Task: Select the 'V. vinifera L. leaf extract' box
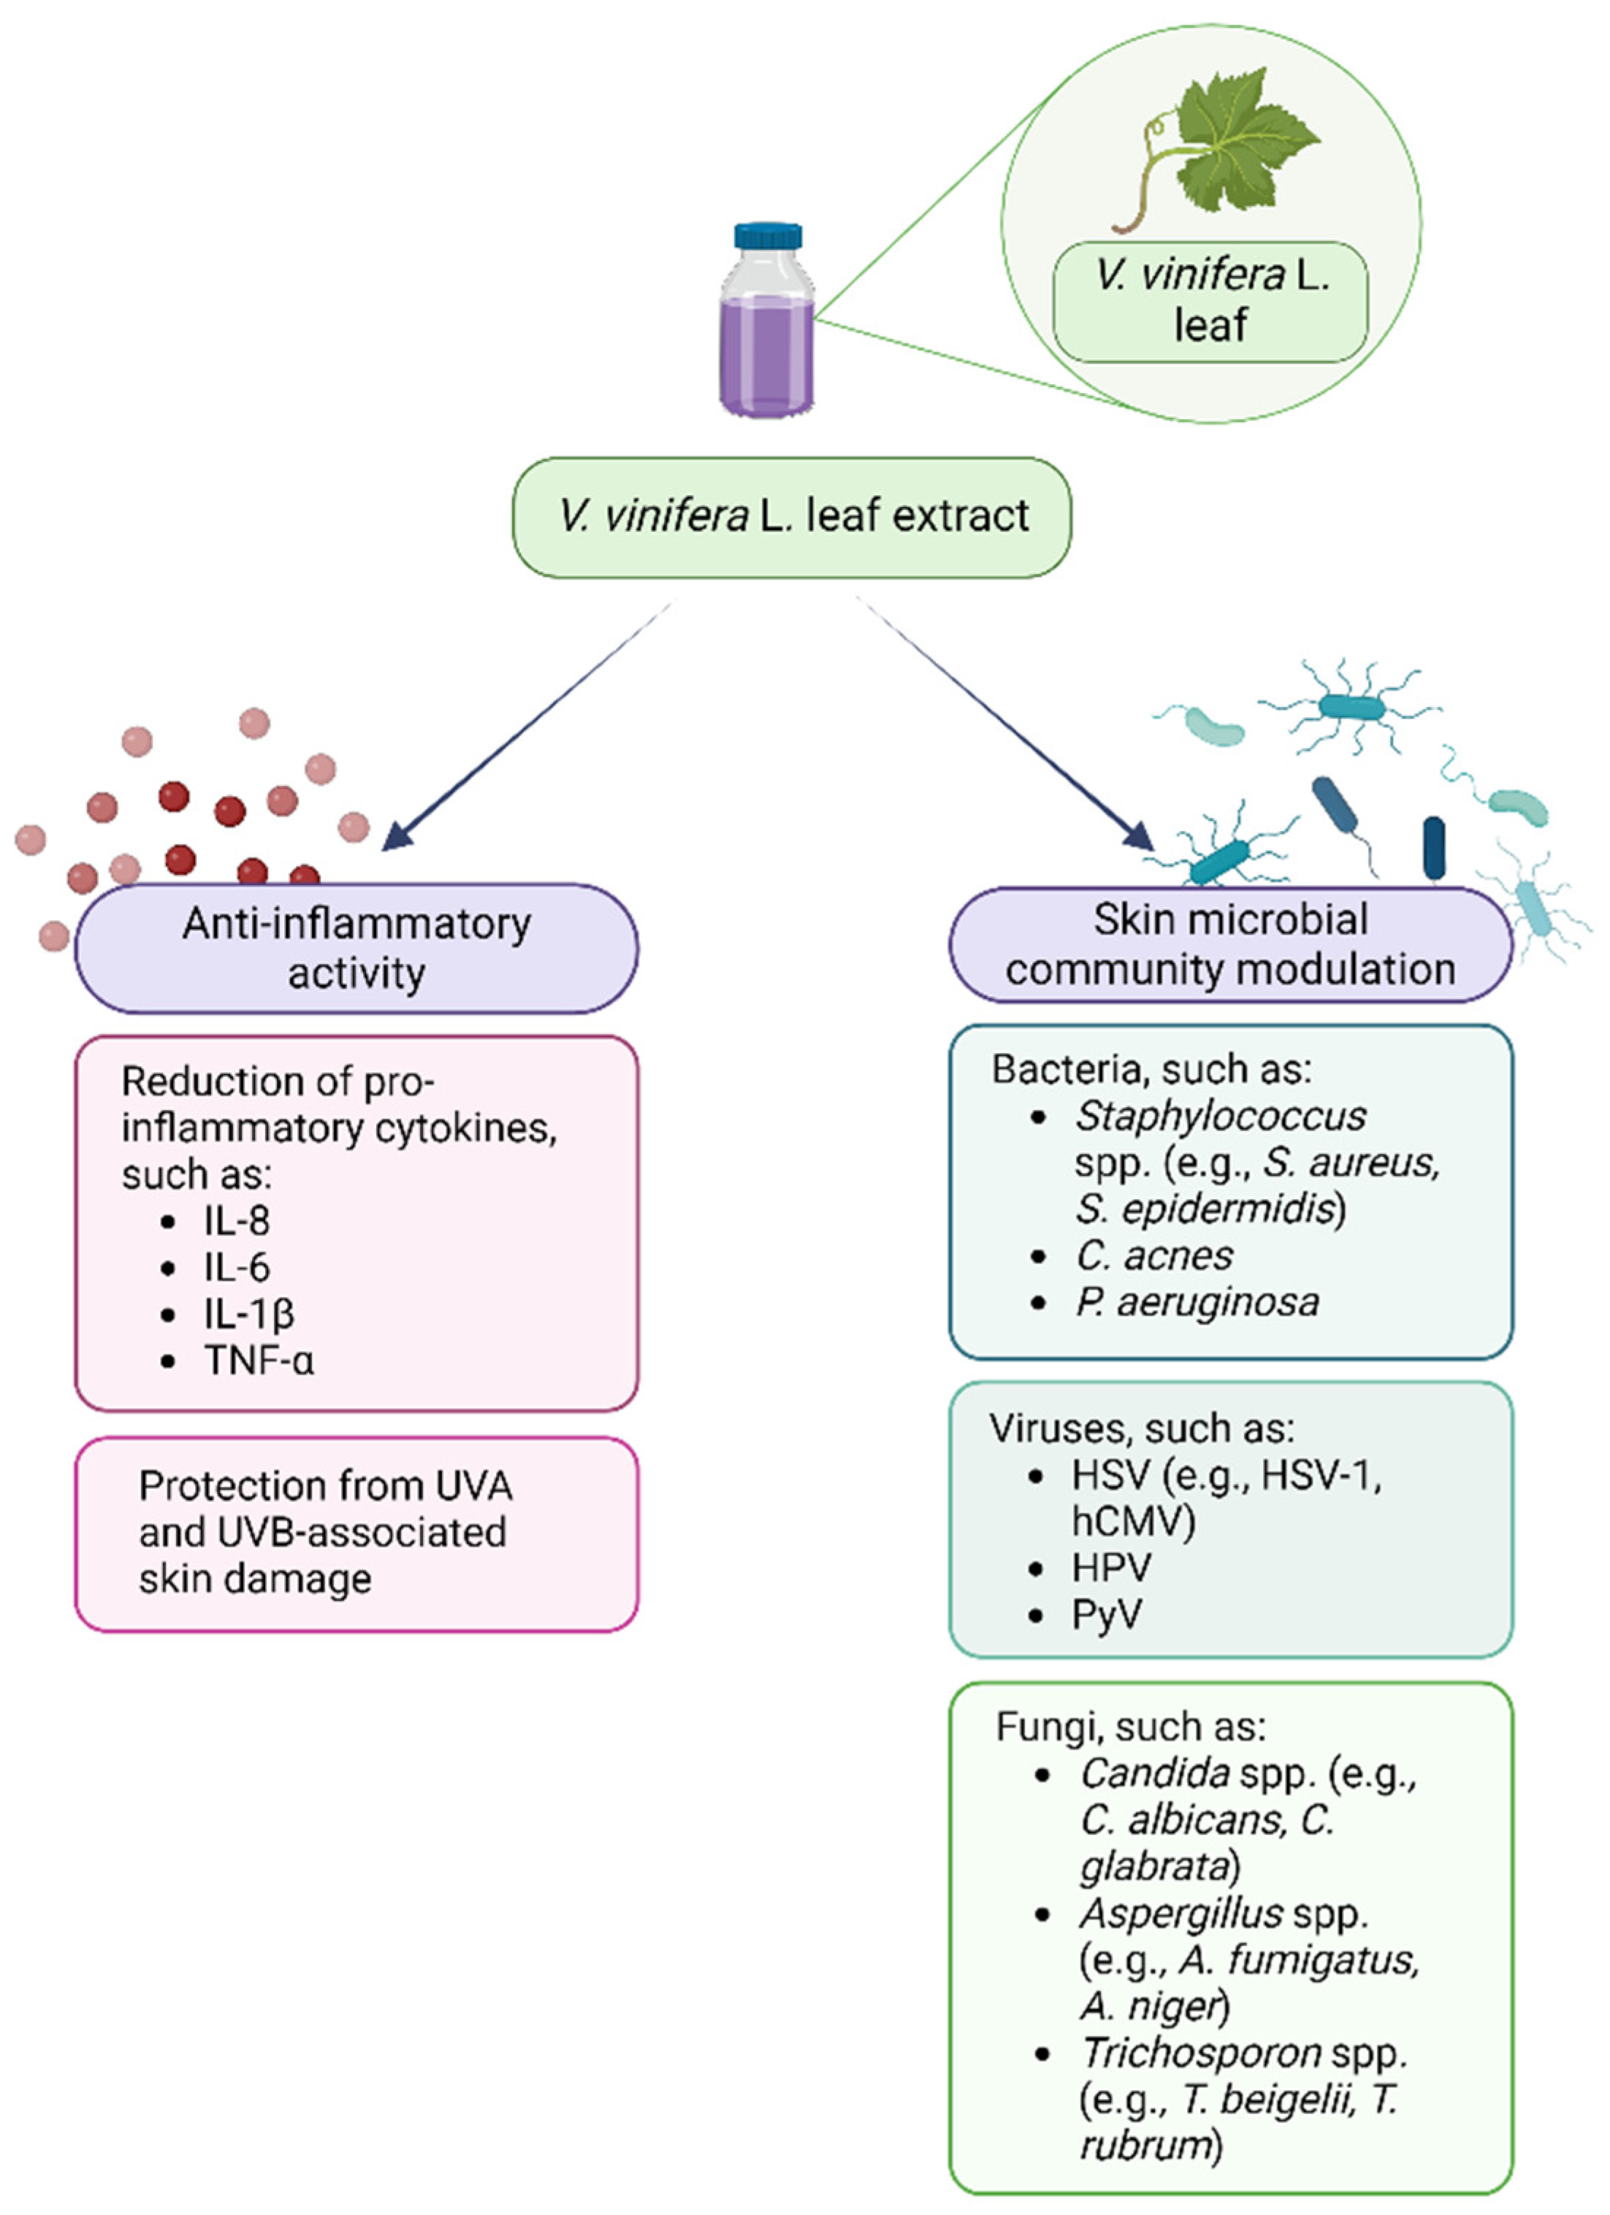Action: pos(791,516)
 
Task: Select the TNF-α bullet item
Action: pos(259,1360)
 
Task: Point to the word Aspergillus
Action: pos(1181,1913)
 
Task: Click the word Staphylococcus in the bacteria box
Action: pos(1220,1115)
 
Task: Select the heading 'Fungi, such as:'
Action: pos(1130,1726)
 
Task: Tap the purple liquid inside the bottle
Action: pos(767,356)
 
